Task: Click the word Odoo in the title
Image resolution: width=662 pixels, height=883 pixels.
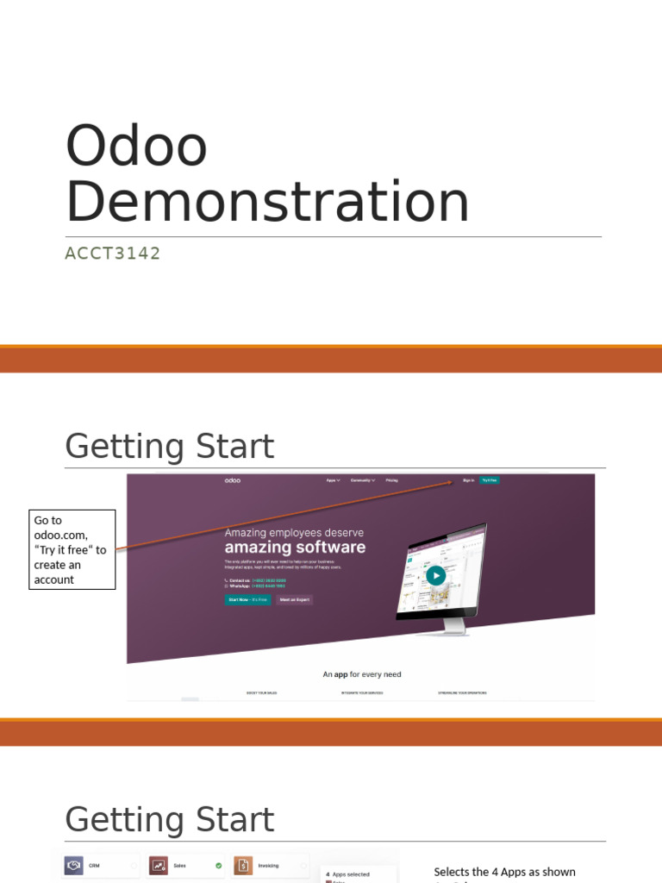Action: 136,147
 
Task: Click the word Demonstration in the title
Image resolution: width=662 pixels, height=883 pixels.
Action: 267,203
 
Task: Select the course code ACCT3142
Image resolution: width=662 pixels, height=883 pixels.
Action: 113,254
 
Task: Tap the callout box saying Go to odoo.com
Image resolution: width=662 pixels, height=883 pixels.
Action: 72,549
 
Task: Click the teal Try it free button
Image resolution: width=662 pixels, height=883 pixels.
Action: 489,479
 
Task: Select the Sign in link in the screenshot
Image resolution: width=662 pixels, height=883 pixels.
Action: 468,479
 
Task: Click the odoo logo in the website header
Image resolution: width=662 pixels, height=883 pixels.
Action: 233,479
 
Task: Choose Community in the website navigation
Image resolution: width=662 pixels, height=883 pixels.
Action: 362,479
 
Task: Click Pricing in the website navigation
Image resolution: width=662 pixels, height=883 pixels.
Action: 391,479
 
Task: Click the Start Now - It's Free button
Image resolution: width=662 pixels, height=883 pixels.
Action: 247,599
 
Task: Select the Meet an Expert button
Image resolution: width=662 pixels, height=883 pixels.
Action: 295,599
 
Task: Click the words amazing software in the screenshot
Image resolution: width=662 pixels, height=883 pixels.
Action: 295,548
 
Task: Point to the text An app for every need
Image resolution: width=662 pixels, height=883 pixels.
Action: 362,674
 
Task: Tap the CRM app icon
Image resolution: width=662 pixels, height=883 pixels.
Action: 74,865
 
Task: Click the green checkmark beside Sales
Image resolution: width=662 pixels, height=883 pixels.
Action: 218,865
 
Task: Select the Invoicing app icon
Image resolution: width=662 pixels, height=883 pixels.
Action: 243,865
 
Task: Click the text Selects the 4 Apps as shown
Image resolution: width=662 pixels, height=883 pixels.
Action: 504,872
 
